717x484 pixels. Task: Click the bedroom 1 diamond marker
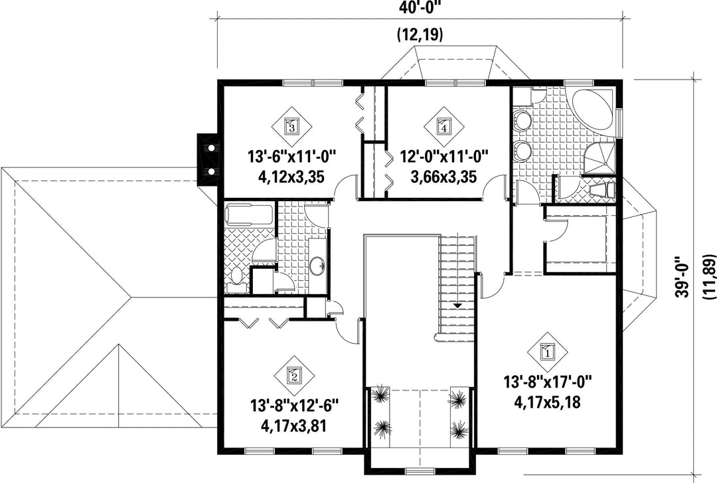pos(547,352)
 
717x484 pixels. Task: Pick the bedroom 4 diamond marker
pos(443,125)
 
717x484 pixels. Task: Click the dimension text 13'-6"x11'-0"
pos(291,157)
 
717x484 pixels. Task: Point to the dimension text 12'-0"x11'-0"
pos(444,157)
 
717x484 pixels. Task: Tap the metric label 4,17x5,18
pos(547,402)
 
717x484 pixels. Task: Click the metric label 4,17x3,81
pos(293,426)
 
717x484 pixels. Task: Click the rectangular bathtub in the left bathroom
pos(250,214)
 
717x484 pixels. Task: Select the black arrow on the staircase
pos(456,305)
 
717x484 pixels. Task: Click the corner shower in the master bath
pos(599,158)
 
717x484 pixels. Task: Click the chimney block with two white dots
pos(207,160)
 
